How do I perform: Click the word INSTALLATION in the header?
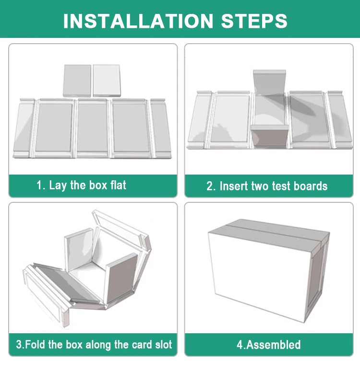138,21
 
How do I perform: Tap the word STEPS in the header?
254,21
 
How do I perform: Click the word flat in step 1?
118,185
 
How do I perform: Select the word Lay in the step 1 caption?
58,186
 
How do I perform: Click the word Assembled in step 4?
273,344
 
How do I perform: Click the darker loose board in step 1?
77,81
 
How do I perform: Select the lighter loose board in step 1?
107,81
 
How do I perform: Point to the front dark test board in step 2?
270,136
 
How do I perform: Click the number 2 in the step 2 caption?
210,187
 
